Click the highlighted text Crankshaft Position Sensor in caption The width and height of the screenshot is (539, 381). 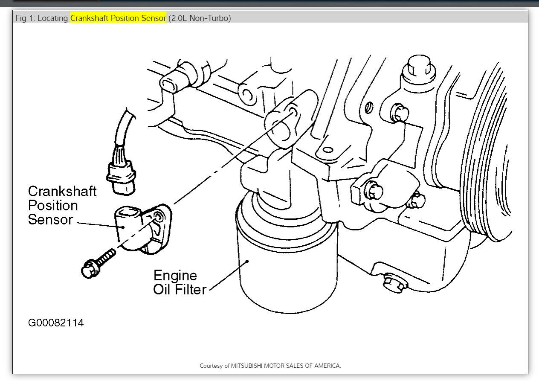pos(118,18)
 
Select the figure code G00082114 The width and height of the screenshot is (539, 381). pos(56,323)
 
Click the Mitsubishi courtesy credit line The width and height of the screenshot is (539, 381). pos(270,366)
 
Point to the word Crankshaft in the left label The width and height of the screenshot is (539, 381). pos(62,192)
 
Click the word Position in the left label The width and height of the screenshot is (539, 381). pos(53,206)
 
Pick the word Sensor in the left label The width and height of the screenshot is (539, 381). pos(50,220)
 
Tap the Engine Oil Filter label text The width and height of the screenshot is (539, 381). pos(179,282)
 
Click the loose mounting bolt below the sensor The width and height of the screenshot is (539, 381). pos(98,263)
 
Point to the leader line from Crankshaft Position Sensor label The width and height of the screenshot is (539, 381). pos(98,224)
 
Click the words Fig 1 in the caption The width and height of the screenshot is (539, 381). pos(24,18)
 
